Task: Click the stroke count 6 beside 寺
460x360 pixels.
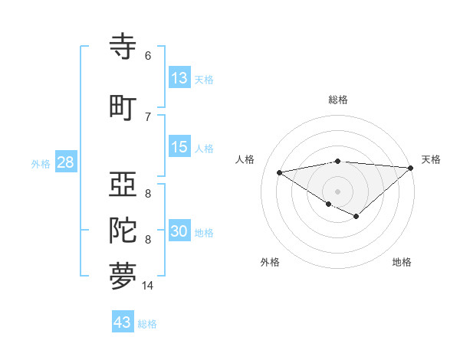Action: pos(148,56)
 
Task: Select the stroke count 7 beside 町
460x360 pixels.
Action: pos(148,116)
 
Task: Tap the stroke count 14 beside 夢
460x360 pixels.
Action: pos(148,285)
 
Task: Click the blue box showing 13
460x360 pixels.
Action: pos(179,77)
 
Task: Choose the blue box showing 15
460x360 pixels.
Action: pos(179,147)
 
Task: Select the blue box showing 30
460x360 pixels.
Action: pos(179,231)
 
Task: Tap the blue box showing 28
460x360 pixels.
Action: pos(65,162)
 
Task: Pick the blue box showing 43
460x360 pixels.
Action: pos(123,322)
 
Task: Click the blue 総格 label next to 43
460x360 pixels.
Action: pos(147,324)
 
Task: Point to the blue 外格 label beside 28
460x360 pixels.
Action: pos(41,164)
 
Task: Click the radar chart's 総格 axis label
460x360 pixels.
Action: pos(337,100)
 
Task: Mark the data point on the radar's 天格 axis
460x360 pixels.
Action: pos(411,168)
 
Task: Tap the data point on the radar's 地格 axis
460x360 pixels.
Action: pos(356,217)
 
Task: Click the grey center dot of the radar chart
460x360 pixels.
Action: pos(337,190)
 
